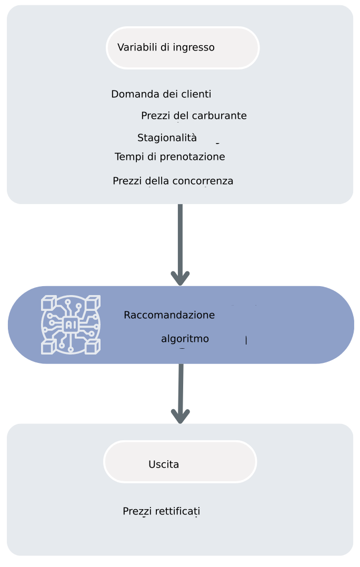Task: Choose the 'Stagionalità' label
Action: click(x=167, y=138)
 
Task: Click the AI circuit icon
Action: click(x=71, y=325)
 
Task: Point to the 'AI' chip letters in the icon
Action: click(x=71, y=325)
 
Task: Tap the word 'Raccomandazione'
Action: click(x=169, y=315)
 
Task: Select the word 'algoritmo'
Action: click(x=185, y=339)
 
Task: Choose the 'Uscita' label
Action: click(x=164, y=464)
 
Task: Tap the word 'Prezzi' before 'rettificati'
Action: click(x=136, y=511)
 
